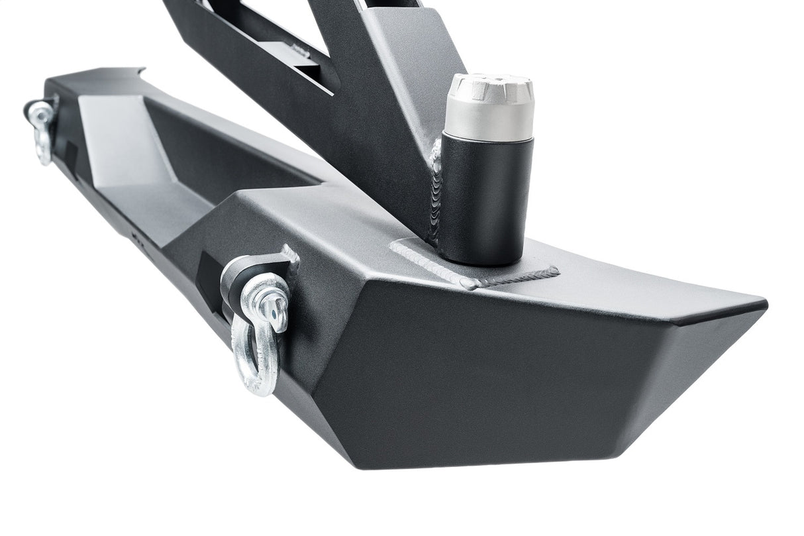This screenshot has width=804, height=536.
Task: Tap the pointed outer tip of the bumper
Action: coord(762,307)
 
